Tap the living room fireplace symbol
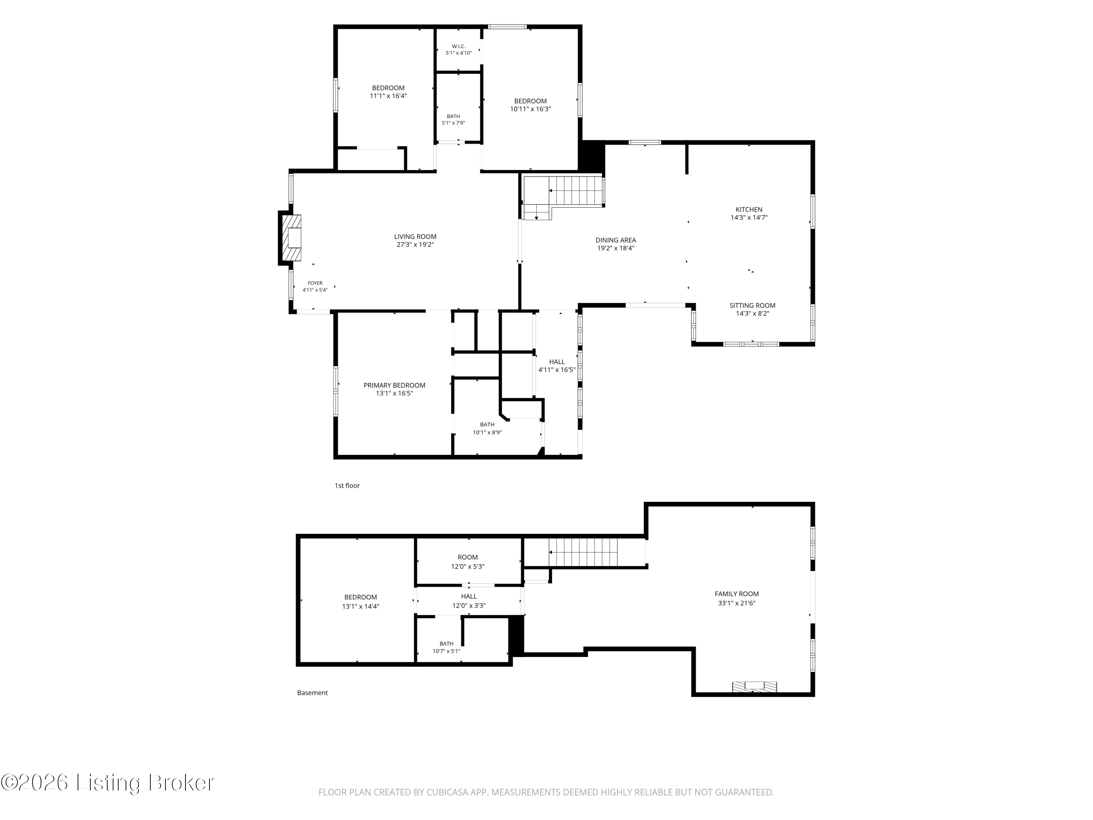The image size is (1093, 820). pos(291,238)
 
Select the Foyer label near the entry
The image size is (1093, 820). pos(315,283)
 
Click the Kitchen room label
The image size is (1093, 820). pos(749,210)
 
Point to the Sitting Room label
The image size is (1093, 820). pos(752,305)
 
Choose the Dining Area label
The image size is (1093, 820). pos(616,240)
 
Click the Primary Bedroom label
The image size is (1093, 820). pos(394,386)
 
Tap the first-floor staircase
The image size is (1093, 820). pos(563,198)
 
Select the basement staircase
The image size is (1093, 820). pos(583,552)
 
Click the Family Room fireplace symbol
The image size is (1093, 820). pos(754,687)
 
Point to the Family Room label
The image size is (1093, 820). pos(736,594)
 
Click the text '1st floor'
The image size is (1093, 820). pos(347,486)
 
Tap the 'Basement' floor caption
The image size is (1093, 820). pos(312,693)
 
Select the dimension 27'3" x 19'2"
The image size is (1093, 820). pos(415,245)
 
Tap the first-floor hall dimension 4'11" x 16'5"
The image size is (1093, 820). pos(557,370)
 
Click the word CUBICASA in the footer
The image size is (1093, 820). pos(441,792)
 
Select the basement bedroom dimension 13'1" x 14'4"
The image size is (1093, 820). pos(360,606)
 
